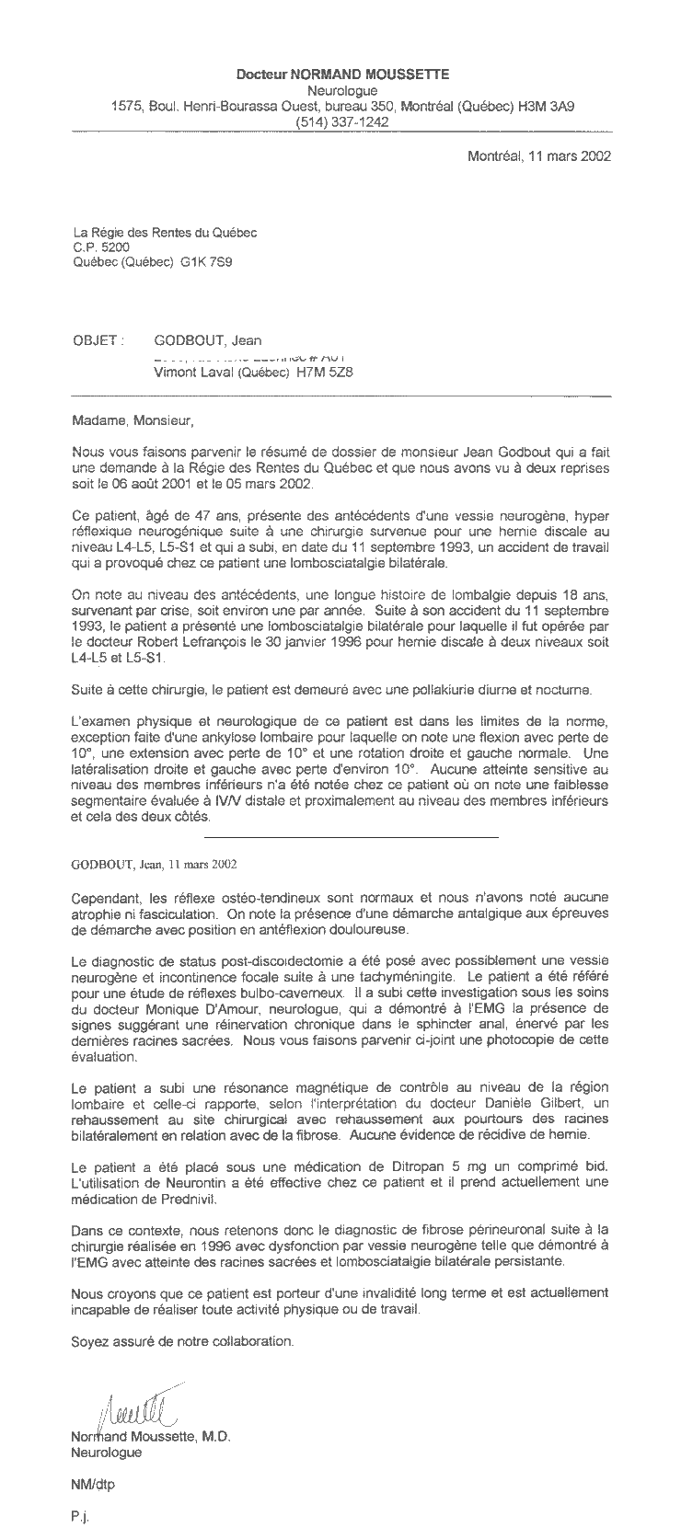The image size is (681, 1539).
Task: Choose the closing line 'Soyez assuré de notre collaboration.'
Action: click(x=182, y=1341)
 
